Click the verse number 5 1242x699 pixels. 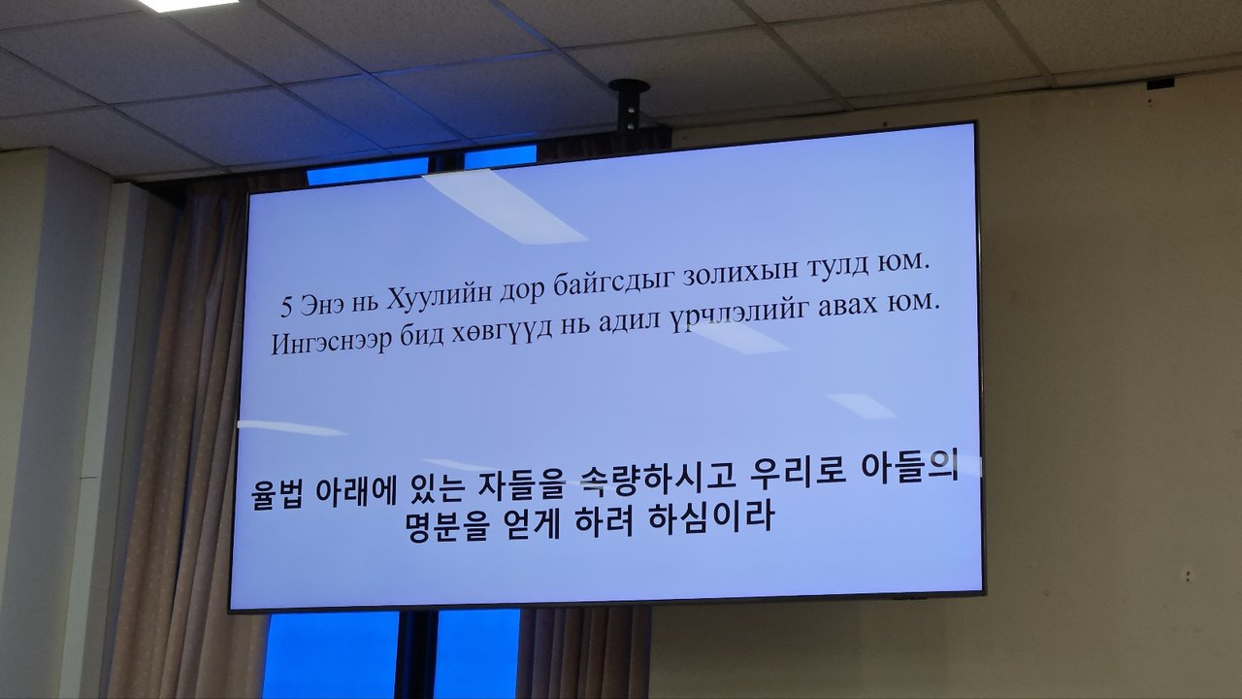[x=286, y=307]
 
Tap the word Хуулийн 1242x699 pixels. [x=438, y=298]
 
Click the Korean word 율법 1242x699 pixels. [x=278, y=494]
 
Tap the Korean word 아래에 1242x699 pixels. [x=355, y=491]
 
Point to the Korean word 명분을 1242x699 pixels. [x=447, y=525]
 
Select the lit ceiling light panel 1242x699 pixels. [x=188, y=5]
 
